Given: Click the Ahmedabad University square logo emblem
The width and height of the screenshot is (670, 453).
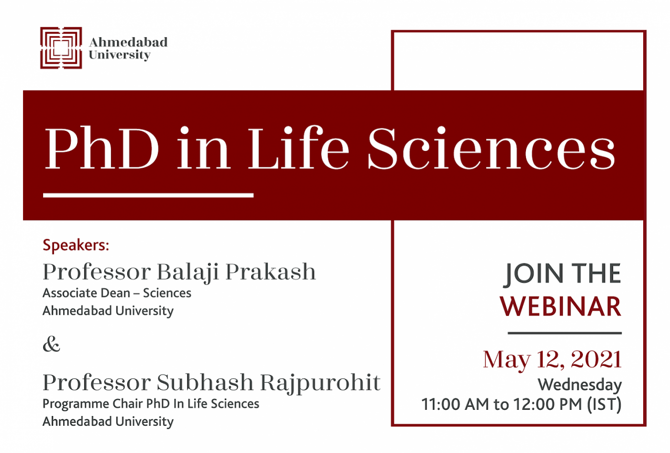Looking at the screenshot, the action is point(61,48).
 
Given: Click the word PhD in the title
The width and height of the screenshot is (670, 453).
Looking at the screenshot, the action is point(101,149).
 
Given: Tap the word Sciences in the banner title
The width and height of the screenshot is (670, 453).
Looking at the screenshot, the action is point(491,148).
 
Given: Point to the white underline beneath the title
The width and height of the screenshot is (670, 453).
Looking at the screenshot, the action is point(148,196).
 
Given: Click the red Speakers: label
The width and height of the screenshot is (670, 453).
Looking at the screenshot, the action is point(76,245).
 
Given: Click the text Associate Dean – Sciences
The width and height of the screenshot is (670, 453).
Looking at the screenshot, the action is point(117,293).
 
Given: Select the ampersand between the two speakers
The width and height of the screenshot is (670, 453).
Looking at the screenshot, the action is point(52,344).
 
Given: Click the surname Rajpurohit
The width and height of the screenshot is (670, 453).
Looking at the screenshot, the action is point(320,383).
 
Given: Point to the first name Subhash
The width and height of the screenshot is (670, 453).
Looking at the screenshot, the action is point(205,383).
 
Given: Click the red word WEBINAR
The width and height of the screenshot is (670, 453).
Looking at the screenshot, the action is point(560,306).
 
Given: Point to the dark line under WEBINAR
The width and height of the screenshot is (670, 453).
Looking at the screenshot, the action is point(565,333).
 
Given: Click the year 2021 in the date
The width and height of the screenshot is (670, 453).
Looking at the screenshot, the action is point(596,359).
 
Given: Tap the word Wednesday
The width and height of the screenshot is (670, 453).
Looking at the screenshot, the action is point(580,385).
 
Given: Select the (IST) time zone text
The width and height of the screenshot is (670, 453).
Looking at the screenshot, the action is point(604,405).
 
